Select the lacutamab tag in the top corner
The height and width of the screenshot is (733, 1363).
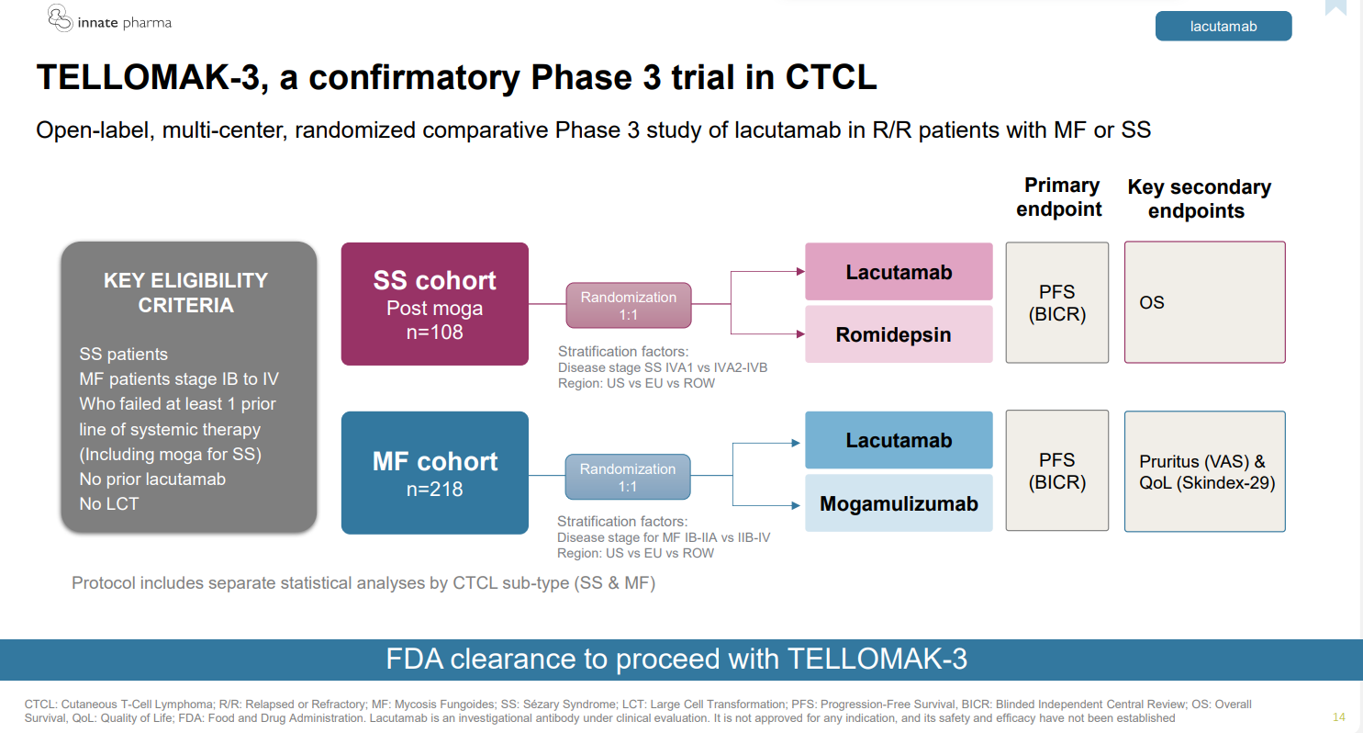tap(1223, 27)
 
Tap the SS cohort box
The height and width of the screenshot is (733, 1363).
tap(434, 304)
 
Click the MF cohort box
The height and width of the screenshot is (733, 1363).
tap(434, 472)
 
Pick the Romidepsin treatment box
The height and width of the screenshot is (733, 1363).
tap(899, 334)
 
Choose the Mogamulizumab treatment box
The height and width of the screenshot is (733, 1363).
tap(899, 503)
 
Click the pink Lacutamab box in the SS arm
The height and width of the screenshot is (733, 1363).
tap(899, 272)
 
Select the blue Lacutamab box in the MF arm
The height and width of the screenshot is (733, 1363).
tap(899, 440)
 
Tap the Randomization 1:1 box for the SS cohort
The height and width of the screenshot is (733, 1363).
tap(628, 306)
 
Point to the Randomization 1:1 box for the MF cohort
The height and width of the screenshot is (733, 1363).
tap(628, 478)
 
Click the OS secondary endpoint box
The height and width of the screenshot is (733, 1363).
tap(1204, 302)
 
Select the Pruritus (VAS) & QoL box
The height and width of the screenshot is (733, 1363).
tap(1204, 471)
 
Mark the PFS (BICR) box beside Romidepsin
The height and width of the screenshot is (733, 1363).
tap(1057, 302)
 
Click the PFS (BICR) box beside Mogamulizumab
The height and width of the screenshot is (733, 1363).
tap(1057, 471)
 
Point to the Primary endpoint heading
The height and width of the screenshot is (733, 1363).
tap(1061, 197)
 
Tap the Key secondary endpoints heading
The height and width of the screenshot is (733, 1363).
tap(1199, 198)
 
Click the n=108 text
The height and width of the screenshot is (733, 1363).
tap(434, 332)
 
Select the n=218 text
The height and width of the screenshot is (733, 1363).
tap(434, 490)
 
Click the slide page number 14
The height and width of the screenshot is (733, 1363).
tap(1338, 716)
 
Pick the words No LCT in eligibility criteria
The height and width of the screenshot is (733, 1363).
tap(109, 503)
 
